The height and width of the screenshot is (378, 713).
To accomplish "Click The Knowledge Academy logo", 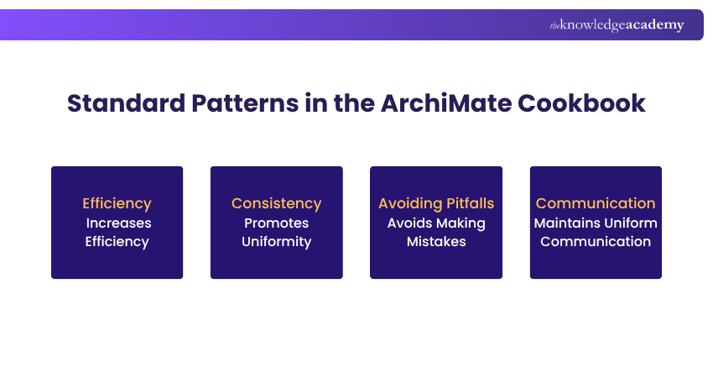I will [x=617, y=25].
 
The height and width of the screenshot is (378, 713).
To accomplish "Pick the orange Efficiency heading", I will [x=117, y=203].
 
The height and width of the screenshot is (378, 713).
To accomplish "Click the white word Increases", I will [x=117, y=223].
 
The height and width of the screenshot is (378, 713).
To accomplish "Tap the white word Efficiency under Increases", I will [x=117, y=241].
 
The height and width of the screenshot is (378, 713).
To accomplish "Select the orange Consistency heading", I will [x=276, y=203].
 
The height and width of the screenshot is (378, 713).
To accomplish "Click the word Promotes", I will [x=276, y=223].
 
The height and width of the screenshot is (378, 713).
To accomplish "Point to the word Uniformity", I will [x=276, y=241].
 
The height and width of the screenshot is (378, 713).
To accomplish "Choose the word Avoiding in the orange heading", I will [x=408, y=203].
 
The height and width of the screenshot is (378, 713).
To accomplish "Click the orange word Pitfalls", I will [x=467, y=203].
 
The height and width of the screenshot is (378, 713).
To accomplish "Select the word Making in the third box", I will [x=461, y=223].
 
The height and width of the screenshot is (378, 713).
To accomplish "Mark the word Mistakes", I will [x=436, y=241].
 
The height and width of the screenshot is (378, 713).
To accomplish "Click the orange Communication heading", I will [x=596, y=203].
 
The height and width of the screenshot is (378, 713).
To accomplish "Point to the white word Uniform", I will [x=630, y=223].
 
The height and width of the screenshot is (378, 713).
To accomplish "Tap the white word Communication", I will [x=596, y=241].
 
